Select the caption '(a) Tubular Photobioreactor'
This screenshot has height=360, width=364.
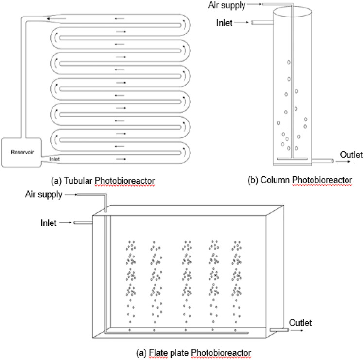click(x=103, y=181)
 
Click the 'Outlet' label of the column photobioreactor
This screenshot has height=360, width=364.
click(x=351, y=155)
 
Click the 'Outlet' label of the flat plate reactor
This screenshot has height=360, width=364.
click(x=300, y=322)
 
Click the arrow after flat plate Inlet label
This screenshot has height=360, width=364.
click(x=65, y=223)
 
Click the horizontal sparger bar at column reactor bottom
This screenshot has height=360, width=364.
click(x=291, y=159)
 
